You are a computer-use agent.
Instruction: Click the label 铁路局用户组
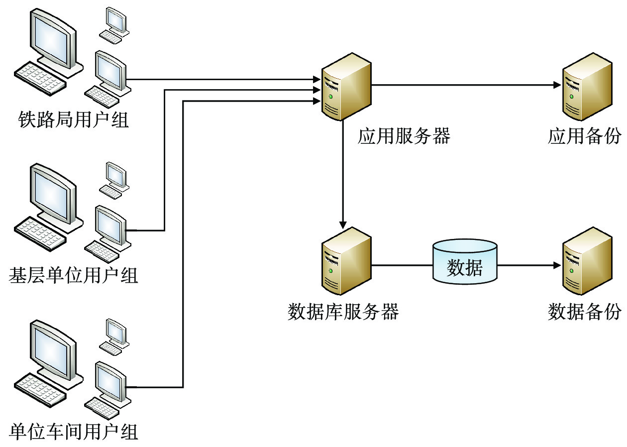[74, 120]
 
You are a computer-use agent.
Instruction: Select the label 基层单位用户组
[74, 275]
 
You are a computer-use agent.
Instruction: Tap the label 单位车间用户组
[74, 431]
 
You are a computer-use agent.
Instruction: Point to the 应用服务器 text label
[404, 136]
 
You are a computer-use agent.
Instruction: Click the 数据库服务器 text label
[343, 312]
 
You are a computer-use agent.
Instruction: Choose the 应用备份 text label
[585, 136]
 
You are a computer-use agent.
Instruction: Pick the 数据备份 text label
[585, 312]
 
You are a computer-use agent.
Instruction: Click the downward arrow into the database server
[342, 174]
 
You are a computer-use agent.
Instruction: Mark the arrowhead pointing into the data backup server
[556, 265]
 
